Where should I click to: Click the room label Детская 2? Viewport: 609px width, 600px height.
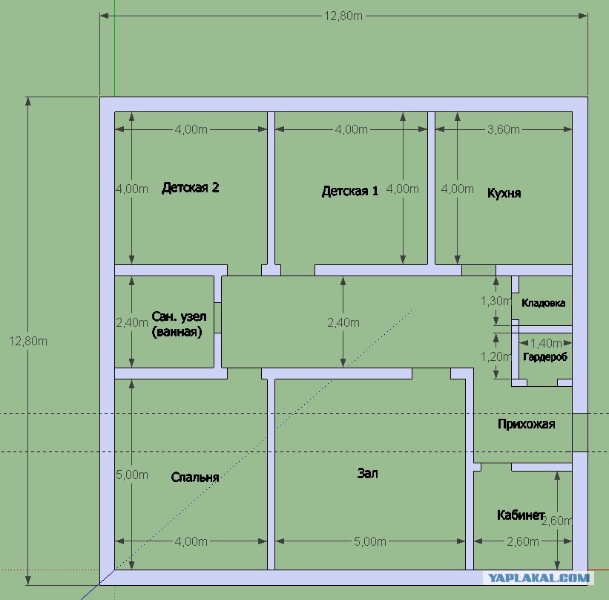click(x=191, y=188)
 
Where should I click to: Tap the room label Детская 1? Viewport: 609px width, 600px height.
click(x=350, y=191)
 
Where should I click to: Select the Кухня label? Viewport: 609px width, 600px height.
click(x=504, y=193)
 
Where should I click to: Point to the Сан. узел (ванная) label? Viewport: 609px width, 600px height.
click(x=179, y=324)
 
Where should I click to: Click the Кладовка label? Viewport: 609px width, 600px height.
click(x=544, y=303)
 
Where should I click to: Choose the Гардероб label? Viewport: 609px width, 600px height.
click(x=545, y=357)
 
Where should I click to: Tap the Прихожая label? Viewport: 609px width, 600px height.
click(x=526, y=424)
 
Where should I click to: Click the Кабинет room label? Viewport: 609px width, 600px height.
click(x=521, y=515)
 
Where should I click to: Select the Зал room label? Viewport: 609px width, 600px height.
click(x=367, y=473)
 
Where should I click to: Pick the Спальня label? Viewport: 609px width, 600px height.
click(x=195, y=477)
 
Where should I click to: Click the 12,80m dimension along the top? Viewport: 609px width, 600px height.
click(x=343, y=16)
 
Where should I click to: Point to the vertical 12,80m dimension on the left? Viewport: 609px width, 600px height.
click(x=28, y=341)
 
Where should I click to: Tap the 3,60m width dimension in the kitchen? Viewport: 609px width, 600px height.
click(x=504, y=129)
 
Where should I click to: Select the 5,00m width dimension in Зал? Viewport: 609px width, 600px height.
click(x=369, y=541)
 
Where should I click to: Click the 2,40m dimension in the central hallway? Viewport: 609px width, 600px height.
click(x=343, y=322)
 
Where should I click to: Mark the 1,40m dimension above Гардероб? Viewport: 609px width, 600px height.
click(x=546, y=343)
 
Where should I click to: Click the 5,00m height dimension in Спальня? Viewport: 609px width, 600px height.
click(x=132, y=475)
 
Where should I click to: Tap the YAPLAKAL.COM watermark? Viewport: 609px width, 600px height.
click(x=539, y=578)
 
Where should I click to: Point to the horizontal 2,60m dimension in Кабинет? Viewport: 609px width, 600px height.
click(x=523, y=541)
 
